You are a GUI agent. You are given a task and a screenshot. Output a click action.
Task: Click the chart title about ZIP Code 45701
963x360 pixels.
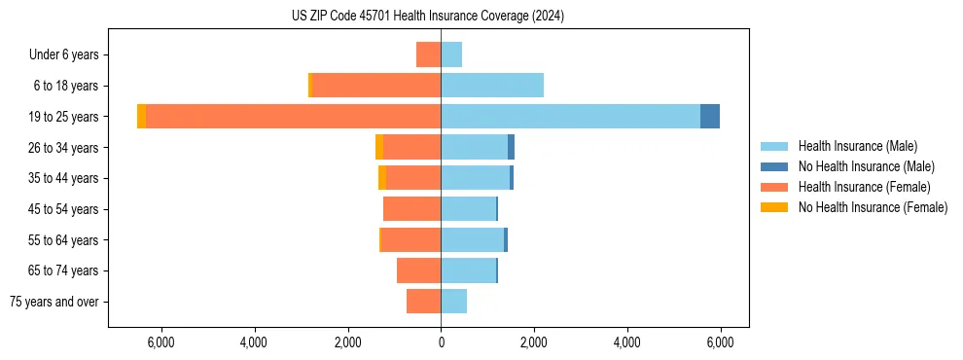click(441, 16)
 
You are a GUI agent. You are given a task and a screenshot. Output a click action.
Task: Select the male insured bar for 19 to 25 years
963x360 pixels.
click(570, 116)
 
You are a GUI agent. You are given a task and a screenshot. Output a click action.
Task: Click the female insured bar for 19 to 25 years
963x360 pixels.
click(292, 116)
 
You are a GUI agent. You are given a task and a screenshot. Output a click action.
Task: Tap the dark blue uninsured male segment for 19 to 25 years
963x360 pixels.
click(710, 116)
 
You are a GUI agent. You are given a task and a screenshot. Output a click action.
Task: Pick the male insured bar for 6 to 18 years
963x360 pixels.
click(492, 85)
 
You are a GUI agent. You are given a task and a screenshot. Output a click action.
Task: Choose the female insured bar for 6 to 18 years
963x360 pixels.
click(375, 85)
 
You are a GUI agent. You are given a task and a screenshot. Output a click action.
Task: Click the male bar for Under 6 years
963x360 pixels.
click(451, 54)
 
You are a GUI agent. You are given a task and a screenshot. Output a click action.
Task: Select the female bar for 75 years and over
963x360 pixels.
click(424, 302)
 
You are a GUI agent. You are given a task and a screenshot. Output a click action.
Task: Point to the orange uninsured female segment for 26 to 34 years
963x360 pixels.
click(379, 147)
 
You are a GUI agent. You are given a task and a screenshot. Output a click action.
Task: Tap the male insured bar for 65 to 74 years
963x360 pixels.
click(468, 270)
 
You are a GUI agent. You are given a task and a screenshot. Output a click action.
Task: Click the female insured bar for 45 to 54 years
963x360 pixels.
click(412, 208)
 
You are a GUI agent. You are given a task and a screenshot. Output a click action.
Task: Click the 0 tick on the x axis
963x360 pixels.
click(441, 342)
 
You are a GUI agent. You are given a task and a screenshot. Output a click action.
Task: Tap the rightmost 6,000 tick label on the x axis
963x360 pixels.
click(720, 342)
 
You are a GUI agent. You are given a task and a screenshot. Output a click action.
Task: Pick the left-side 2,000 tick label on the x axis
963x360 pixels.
click(347, 342)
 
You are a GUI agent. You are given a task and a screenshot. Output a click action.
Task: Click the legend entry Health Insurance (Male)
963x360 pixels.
click(857, 146)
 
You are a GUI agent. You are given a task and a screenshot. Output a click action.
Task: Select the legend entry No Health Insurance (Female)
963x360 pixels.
click(873, 207)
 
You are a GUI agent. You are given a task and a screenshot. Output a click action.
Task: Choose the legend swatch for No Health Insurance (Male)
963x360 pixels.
click(775, 166)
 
